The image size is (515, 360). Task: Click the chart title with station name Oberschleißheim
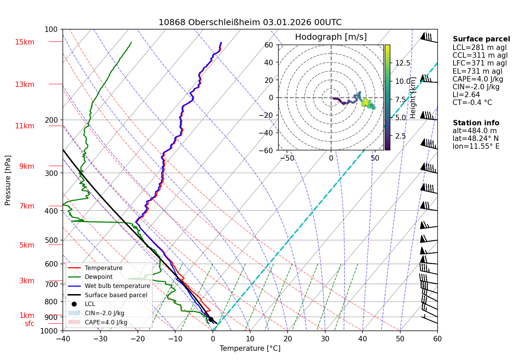click(x=250, y=22)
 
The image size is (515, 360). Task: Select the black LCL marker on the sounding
click(x=211, y=319)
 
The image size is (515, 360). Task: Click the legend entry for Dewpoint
click(x=98, y=277)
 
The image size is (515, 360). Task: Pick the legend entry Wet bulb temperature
click(x=117, y=286)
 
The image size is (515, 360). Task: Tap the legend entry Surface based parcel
click(x=116, y=295)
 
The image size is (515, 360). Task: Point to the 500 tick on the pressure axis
click(x=51, y=240)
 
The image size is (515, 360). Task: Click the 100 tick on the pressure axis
click(x=51, y=30)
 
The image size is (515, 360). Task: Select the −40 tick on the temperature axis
click(x=63, y=339)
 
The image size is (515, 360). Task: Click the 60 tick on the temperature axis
click(x=437, y=339)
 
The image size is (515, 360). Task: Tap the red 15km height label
click(x=25, y=42)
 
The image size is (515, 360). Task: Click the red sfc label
click(x=30, y=324)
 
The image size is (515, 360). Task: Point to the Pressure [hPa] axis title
click(x=8, y=180)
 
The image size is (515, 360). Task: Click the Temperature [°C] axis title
click(x=250, y=348)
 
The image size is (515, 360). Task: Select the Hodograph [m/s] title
click(x=331, y=37)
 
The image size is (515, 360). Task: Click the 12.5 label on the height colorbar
click(x=403, y=63)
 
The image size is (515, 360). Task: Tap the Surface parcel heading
click(x=481, y=39)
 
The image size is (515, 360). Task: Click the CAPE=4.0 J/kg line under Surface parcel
click(x=478, y=79)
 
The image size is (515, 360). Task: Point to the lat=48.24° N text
click(x=476, y=139)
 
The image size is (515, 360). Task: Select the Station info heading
click(x=476, y=123)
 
